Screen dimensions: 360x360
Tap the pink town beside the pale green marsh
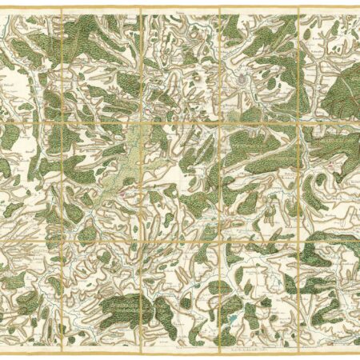click(x=122, y=193)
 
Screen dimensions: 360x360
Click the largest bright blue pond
click(x=232, y=319)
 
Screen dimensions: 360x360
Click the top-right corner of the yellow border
click(x=355, y=5)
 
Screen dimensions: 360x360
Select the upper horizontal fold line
click(x=180, y=122)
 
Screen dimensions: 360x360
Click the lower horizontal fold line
click(x=180, y=238)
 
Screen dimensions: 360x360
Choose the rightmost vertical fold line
click(x=298, y=180)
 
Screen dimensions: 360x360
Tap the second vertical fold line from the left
click(x=142, y=180)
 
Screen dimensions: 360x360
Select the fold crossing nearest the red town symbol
click(x=298, y=122)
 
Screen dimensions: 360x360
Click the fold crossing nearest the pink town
click(x=142, y=238)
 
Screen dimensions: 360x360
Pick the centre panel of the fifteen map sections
click(x=180, y=180)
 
